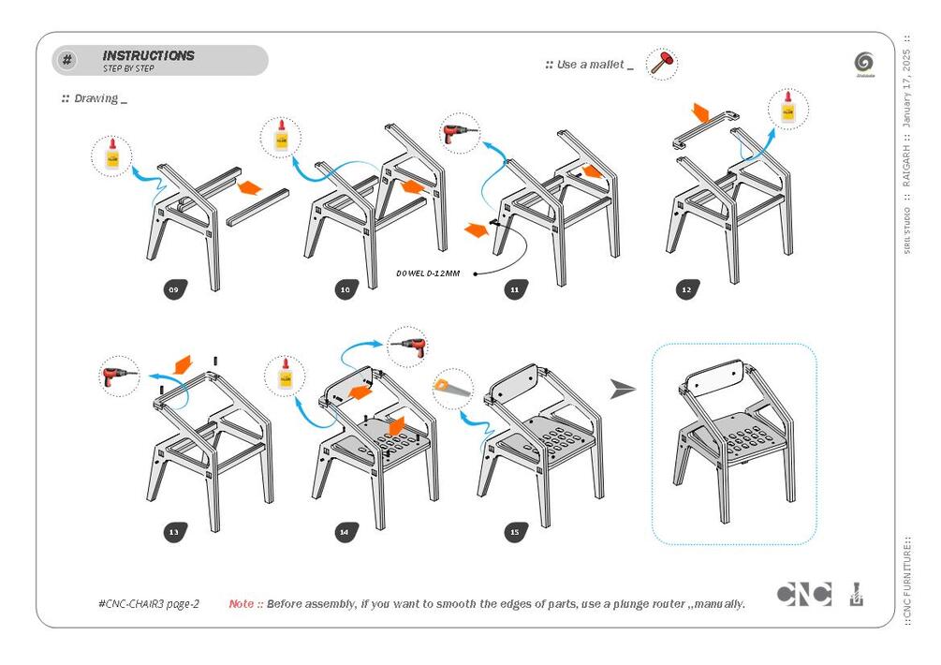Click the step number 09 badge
[x=173, y=290]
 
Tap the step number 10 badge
[x=345, y=290]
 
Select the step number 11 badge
[x=514, y=290]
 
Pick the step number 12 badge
[x=686, y=290]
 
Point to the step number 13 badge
[x=173, y=532]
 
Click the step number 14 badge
[x=345, y=532]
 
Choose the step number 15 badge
[x=514, y=532]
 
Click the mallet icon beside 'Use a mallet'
[x=662, y=64]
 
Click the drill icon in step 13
[x=119, y=377]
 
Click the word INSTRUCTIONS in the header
[x=148, y=56]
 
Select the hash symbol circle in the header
[x=67, y=61]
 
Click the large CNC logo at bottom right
[x=803, y=595]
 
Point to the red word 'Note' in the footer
[x=241, y=604]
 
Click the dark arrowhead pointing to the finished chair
[x=622, y=389]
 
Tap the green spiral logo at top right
[x=863, y=63]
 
